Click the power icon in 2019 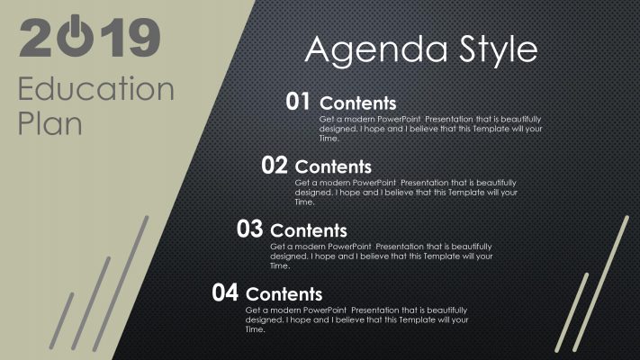[x=80, y=38]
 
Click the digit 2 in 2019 [x=39, y=39]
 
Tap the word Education [x=96, y=89]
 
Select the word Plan [x=50, y=122]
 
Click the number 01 [x=299, y=102]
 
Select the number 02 [x=275, y=165]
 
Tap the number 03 [x=249, y=229]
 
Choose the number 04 [x=225, y=292]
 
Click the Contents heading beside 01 [x=357, y=103]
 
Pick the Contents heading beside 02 [x=333, y=166]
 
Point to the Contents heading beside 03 [x=308, y=230]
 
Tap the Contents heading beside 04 [x=284, y=294]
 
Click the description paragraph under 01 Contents [x=430, y=129]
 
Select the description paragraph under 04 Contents [x=356, y=319]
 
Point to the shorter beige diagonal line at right [x=574, y=310]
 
